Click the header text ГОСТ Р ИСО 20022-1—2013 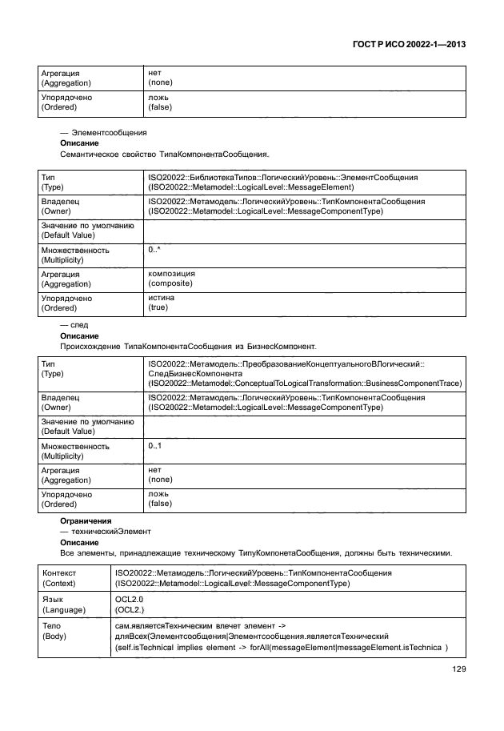[408, 46]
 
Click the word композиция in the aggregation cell [172, 274]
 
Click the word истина [162, 298]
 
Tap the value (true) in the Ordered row [158, 307]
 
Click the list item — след [74, 326]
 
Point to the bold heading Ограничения [86, 521]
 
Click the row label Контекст [59, 573]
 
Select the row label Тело [51, 625]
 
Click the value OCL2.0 [130, 598]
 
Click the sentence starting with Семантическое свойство [165, 153]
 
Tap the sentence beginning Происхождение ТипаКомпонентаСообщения [188, 347]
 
